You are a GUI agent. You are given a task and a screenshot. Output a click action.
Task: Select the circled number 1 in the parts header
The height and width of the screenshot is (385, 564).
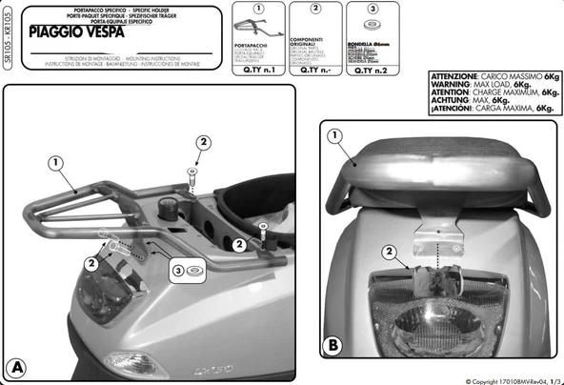256,9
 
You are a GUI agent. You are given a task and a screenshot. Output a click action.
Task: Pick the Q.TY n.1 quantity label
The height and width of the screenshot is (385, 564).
256,69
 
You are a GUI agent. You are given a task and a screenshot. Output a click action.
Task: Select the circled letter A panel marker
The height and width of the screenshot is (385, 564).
16,366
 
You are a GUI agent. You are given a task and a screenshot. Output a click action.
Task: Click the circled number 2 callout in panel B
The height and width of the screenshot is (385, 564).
388,252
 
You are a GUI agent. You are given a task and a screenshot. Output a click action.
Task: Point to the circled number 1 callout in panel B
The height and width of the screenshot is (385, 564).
334,136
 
